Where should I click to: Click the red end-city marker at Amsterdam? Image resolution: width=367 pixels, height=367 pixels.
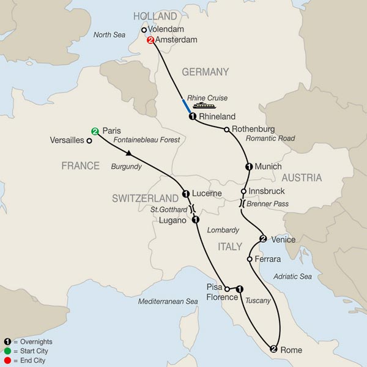click(150, 41)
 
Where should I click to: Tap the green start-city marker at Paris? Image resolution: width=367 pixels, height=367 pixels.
click(95, 131)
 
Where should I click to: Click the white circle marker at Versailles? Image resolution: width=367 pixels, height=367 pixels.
click(89, 141)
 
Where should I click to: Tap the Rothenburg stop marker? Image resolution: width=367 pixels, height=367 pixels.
click(227, 129)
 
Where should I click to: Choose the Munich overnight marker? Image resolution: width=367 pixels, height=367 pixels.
click(249, 166)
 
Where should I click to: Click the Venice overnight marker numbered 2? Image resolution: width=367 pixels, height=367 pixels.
click(263, 239)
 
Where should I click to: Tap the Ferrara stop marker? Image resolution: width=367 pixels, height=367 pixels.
click(250, 259)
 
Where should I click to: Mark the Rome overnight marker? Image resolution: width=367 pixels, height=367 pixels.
click(273, 349)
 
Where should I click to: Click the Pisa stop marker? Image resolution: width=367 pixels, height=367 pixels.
click(227, 288)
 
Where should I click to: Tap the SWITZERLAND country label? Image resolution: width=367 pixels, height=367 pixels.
click(144, 198)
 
